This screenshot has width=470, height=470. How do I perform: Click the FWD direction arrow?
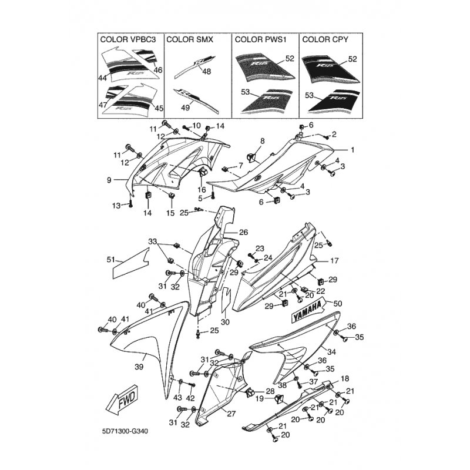[x=122, y=399]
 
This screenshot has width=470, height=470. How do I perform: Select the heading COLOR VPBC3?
[x=128, y=39]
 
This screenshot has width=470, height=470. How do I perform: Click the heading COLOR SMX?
[x=190, y=39]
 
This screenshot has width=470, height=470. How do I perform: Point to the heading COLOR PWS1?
[x=259, y=39]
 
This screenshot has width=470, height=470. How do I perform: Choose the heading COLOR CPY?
[x=325, y=39]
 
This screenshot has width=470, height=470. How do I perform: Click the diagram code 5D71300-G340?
[x=125, y=431]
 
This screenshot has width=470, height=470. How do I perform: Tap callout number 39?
[x=139, y=367]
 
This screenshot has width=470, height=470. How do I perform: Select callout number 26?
[x=243, y=232]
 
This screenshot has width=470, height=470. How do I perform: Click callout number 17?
[x=334, y=261]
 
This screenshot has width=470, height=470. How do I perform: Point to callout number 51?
[x=111, y=259]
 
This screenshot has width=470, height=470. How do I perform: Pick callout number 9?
[x=109, y=180]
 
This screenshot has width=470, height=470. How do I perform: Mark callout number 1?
[x=352, y=150]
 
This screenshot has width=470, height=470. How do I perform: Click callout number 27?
[x=231, y=414]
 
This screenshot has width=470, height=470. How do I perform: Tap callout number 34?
[x=331, y=352]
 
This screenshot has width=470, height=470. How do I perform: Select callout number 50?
[x=337, y=304]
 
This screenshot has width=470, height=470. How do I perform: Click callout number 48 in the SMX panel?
[x=207, y=71]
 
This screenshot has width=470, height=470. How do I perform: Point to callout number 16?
[x=202, y=189]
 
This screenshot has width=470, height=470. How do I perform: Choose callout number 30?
[x=225, y=322]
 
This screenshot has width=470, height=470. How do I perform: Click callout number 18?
[x=345, y=378]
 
